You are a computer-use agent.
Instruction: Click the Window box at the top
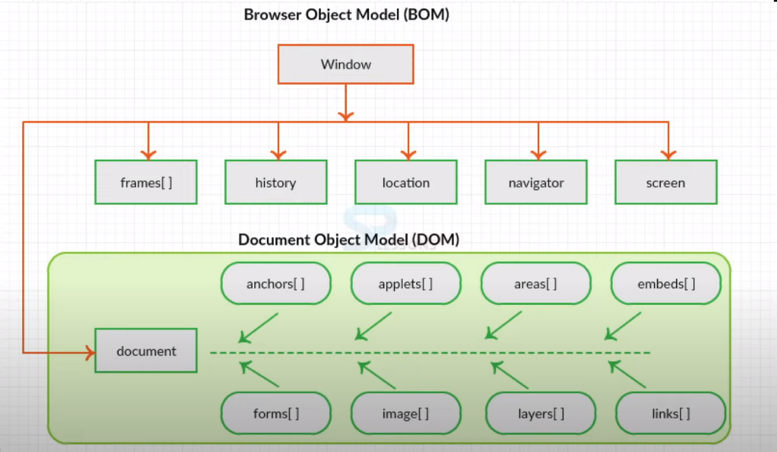[346, 64]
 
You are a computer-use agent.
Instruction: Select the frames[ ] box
[146, 183]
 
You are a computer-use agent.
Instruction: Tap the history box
[276, 183]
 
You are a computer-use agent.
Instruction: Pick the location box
[406, 183]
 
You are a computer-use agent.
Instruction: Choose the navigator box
[536, 183]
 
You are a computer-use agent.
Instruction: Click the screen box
[666, 183]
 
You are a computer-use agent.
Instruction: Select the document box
[146, 351]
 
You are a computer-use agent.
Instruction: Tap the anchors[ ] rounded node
[276, 283]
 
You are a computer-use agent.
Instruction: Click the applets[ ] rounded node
[406, 283]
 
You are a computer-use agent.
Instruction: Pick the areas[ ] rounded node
[535, 283]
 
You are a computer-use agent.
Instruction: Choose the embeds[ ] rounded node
[666, 283]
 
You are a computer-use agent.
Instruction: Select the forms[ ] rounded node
[276, 413]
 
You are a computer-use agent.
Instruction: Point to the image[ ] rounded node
[406, 413]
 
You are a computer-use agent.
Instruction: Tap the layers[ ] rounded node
[541, 413]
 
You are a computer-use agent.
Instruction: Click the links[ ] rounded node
[671, 413]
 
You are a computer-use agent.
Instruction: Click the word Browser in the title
[273, 15]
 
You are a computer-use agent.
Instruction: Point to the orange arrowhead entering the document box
[90, 353]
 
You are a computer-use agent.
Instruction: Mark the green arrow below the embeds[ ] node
[623, 326]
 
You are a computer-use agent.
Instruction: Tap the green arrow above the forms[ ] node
[259, 373]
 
